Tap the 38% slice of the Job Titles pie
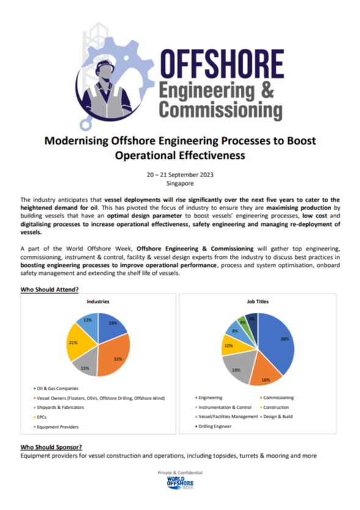pos(279,342)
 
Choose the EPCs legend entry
pos(43,417)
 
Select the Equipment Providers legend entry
pos(58,426)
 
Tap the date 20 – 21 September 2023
pos(180,174)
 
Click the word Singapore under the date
pos(180,183)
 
